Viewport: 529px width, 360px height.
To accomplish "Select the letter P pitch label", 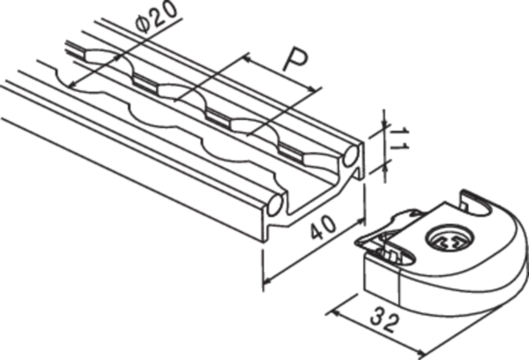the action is pos(295,61).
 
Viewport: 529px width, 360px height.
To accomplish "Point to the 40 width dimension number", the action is pos(323,228).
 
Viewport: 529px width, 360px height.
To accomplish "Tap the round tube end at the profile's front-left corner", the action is pos(275,206).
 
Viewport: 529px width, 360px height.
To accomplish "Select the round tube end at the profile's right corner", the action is pos(351,156).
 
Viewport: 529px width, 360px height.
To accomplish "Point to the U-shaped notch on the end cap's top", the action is pos(474,203).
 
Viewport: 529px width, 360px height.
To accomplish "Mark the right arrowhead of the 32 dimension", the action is pos(421,354).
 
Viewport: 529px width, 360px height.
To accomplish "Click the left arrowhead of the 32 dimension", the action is pos(333,313).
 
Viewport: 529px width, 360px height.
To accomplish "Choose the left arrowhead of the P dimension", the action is pos(247,59).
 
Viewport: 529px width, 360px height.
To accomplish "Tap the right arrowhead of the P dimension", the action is pos(313,89).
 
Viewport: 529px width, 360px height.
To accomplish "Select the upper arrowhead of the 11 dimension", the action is pos(384,125).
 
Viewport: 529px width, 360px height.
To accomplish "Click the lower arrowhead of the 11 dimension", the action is pos(384,167).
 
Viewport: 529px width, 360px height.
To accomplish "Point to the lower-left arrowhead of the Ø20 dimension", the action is pos(72,84).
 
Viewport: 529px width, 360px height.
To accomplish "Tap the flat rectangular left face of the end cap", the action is pos(382,280).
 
